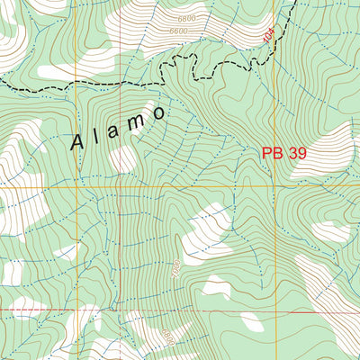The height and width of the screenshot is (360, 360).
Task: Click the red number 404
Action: [x=267, y=36]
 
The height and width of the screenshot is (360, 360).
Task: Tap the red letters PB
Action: [x=273, y=154]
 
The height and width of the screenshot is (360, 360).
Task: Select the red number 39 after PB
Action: [x=298, y=154]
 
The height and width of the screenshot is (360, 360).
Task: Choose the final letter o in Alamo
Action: [x=159, y=113]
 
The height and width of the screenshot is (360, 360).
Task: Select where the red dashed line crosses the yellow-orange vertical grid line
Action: [x=77, y=310]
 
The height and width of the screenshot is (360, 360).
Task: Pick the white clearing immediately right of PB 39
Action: [x=333, y=144]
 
